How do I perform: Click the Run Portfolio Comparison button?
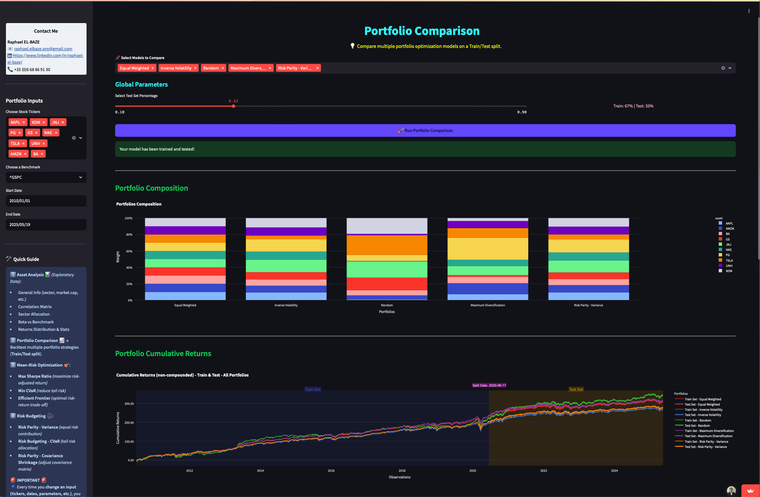[x=425, y=130]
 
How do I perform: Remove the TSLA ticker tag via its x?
[x=23, y=143]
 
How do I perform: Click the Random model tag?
[x=211, y=68]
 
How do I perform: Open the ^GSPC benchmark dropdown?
[x=46, y=177]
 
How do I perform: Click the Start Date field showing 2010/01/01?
[x=46, y=201]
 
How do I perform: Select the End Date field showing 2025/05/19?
[x=46, y=225]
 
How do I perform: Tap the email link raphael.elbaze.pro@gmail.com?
[x=43, y=49]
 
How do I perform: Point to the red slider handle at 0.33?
[x=233, y=106]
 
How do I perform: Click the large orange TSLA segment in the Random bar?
[x=387, y=245]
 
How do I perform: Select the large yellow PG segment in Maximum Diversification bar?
[x=487, y=248]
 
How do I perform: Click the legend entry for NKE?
[x=728, y=250]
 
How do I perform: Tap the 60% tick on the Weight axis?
[x=129, y=251]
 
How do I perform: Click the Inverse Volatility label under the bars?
[x=286, y=305]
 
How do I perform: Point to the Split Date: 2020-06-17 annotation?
[x=489, y=385]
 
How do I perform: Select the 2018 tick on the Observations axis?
[x=402, y=471]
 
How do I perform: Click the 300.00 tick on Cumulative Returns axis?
[x=129, y=404]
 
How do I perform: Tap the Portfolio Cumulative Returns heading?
[x=163, y=354]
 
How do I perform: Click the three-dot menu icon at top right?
[x=749, y=11]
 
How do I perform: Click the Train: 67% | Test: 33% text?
[x=633, y=106]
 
